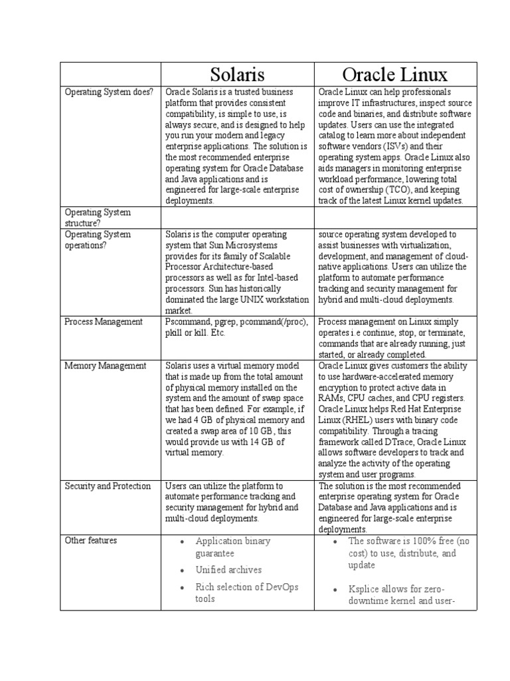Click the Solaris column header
click(x=237, y=74)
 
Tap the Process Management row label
click(x=103, y=322)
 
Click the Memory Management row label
click(x=105, y=366)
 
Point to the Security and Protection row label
click(x=108, y=486)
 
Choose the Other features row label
click(x=90, y=541)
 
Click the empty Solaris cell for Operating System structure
click(x=237, y=217)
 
